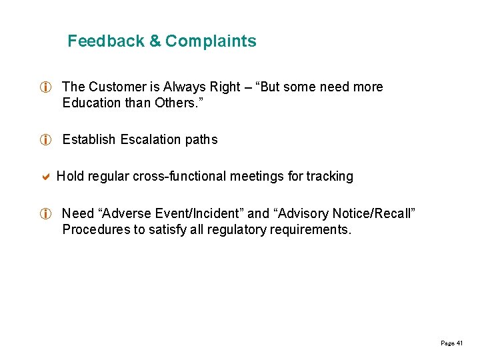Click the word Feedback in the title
[x=106, y=41]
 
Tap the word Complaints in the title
[x=211, y=41]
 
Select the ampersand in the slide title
[x=155, y=41]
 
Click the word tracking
[x=329, y=177]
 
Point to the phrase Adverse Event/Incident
[x=171, y=213]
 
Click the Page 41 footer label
[x=451, y=343]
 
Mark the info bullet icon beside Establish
[x=45, y=140]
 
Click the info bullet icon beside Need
[x=45, y=214]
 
